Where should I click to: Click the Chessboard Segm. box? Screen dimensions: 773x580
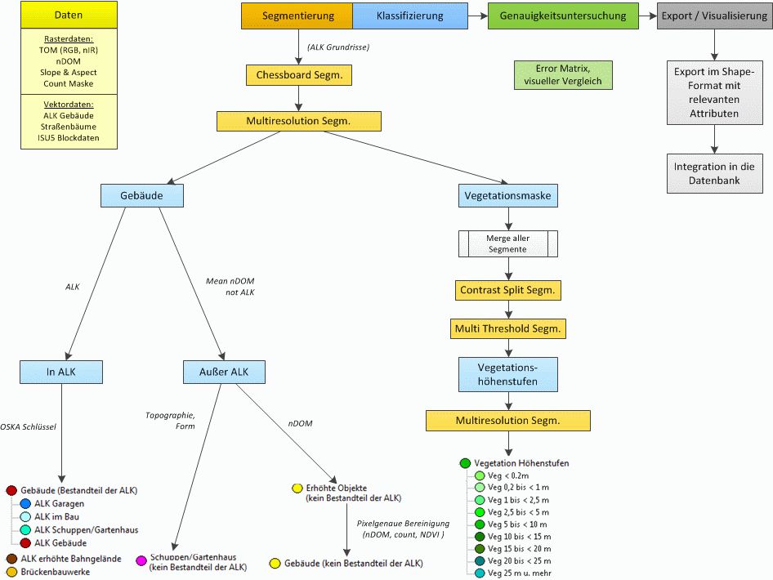point(299,75)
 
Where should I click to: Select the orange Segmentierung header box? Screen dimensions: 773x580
point(297,16)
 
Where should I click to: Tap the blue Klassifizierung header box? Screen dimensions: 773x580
point(410,16)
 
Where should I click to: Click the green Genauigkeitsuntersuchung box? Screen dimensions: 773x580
point(563,16)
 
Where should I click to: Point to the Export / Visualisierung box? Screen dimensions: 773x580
point(714,16)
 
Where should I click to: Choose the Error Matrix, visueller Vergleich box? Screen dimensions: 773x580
point(563,75)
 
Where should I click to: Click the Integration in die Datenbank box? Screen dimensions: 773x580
point(714,173)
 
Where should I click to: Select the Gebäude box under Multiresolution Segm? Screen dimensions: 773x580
point(142,195)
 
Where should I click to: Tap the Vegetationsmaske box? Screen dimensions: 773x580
point(507,195)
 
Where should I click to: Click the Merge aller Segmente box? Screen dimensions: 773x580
point(507,244)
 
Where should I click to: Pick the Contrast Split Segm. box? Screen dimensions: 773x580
point(507,290)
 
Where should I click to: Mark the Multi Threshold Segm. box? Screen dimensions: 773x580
point(507,328)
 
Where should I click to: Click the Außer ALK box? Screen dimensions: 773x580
point(225,372)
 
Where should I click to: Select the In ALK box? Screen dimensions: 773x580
point(61,372)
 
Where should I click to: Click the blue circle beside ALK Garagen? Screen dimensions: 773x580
point(25,503)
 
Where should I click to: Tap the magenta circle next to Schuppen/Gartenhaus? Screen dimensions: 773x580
point(141,560)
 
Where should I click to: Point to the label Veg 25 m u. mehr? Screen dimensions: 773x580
point(520,573)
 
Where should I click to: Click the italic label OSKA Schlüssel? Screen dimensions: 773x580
point(28,426)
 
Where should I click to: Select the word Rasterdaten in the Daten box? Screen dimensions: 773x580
point(69,39)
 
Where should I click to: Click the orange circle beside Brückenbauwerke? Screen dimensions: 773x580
point(11,572)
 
